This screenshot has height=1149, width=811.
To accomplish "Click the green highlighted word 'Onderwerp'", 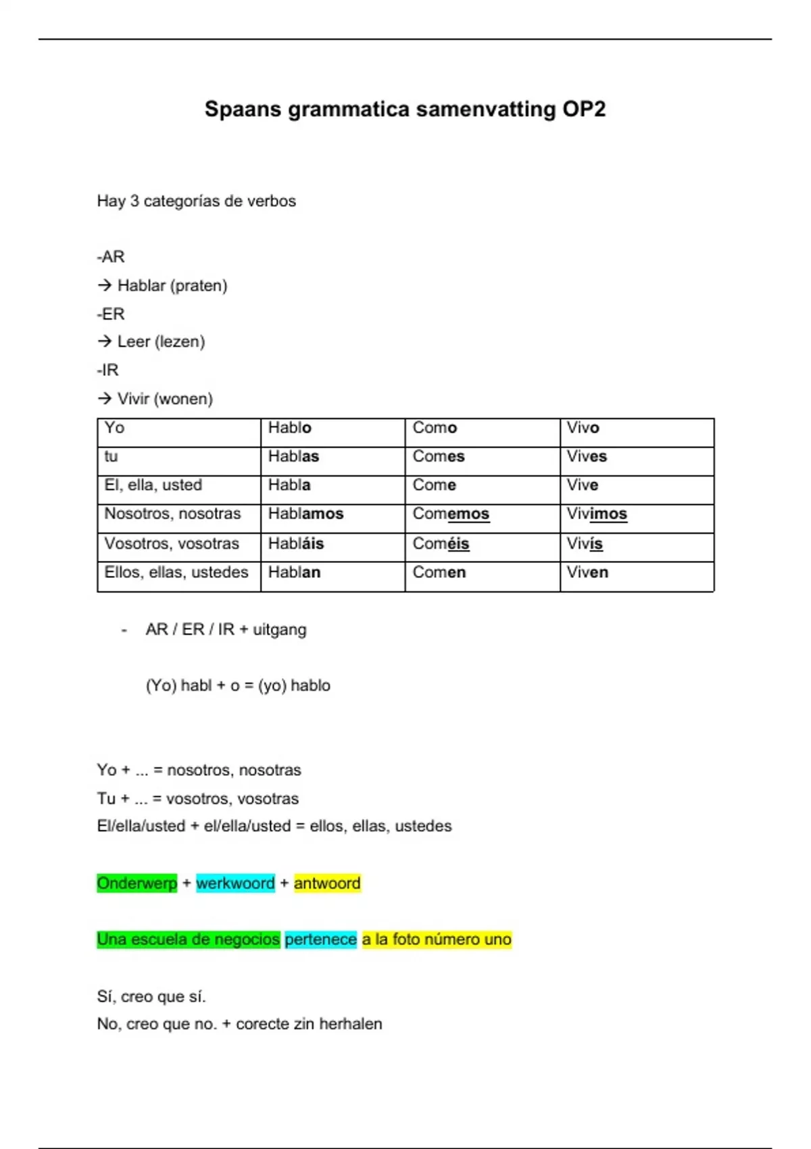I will pos(137,883).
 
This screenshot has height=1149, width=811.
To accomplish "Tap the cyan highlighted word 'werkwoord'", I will pos(235,883).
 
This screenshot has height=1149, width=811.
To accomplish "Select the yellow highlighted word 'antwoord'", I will pos(327,883).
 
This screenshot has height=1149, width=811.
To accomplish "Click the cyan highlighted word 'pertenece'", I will pos(320,939).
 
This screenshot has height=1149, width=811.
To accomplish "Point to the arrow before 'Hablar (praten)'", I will pos(104,285).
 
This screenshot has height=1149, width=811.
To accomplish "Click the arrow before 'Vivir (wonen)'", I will pos(104,399).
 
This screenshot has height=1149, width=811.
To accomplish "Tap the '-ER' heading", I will pos(111,314).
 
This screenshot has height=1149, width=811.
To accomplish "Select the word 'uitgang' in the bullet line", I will pos(279,630).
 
